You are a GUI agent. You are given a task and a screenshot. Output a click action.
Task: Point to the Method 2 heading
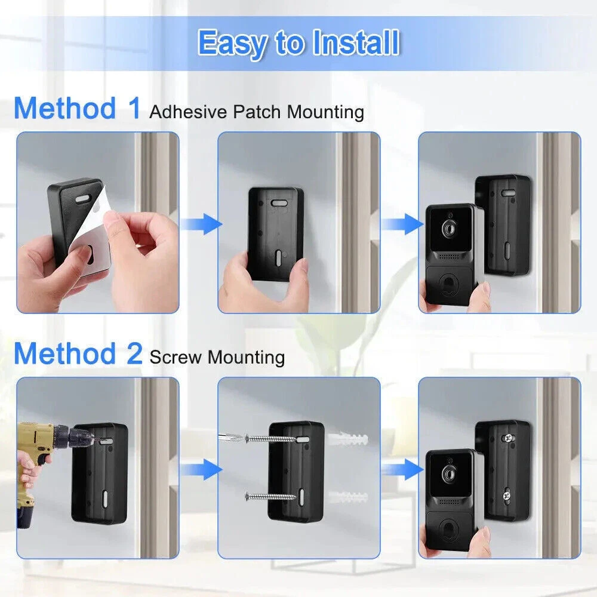click(78, 353)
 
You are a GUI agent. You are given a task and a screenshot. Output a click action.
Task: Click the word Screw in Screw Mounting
click(176, 357)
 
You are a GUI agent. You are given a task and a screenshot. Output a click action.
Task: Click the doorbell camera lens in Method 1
click(447, 229)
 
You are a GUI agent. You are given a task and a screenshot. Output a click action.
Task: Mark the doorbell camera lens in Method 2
click(447, 474)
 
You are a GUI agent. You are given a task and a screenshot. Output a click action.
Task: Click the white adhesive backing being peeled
click(90, 239)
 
